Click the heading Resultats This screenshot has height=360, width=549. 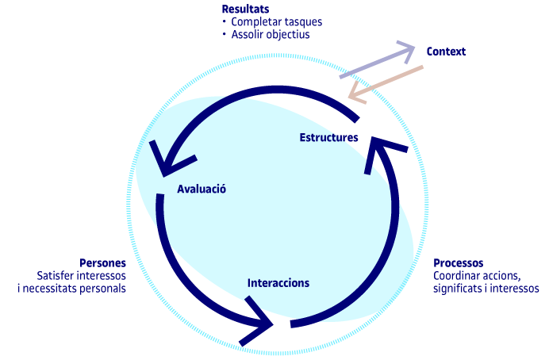[245, 9]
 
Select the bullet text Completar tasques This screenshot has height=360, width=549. [267, 21]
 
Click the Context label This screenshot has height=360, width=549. [446, 52]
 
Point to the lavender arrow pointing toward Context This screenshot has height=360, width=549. [377, 62]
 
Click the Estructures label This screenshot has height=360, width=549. [328, 137]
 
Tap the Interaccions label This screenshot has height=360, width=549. [278, 282]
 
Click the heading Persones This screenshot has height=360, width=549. [102, 263]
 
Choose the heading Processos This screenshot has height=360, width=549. [459, 263]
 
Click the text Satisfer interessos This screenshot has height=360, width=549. [81, 276]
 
